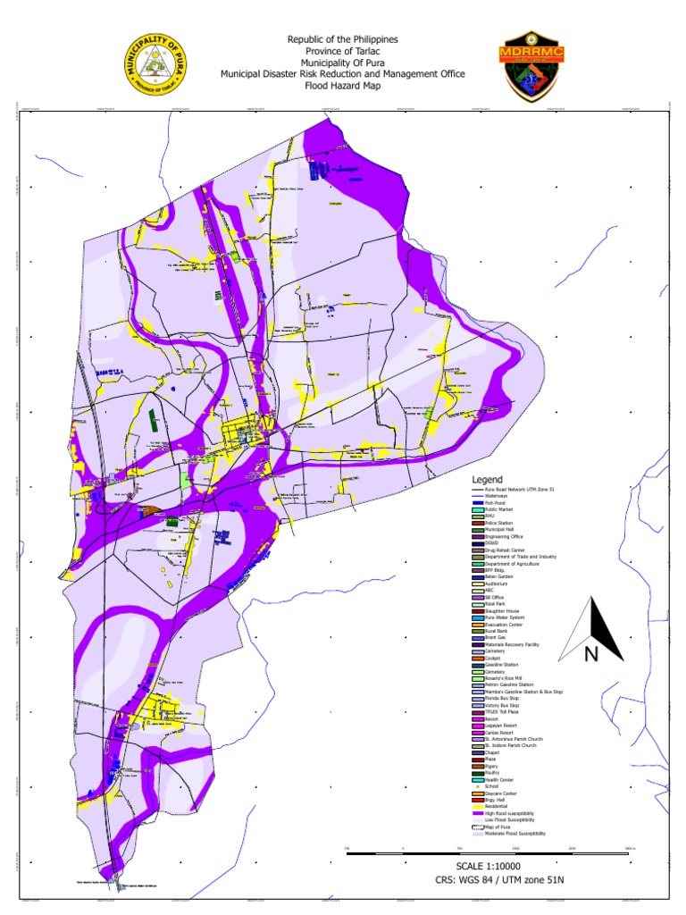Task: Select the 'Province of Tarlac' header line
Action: click(x=343, y=52)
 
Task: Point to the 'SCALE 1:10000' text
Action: click(x=489, y=866)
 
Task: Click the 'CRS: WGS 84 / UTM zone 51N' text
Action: click(x=489, y=880)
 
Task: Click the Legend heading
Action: click(x=488, y=480)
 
